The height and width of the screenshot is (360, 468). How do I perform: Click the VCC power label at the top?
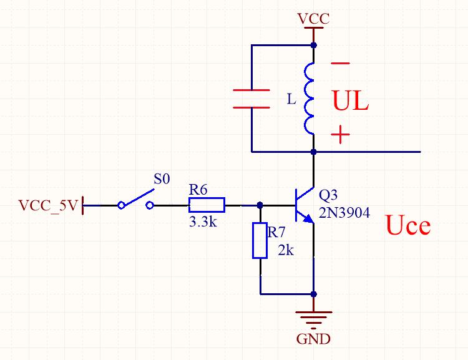click(x=313, y=18)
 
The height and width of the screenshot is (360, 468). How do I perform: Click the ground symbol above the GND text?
click(x=313, y=318)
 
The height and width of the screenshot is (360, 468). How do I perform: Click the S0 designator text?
click(x=162, y=179)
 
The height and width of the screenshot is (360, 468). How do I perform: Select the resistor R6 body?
click(x=207, y=205)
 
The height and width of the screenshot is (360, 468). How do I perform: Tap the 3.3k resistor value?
click(x=203, y=221)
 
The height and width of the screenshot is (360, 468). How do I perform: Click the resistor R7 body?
click(x=260, y=240)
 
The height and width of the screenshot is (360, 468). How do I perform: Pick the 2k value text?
click(x=286, y=251)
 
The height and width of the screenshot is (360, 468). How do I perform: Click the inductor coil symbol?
click(x=310, y=99)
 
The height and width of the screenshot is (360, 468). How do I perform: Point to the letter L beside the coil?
click(x=291, y=99)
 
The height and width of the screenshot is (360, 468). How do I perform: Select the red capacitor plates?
click(x=251, y=99)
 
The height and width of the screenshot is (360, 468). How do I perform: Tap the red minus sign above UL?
click(x=341, y=63)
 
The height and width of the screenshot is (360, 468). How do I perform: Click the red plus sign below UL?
click(x=340, y=135)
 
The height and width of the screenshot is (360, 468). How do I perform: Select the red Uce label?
click(x=408, y=225)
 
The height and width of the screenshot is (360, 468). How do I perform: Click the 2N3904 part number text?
click(x=344, y=213)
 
